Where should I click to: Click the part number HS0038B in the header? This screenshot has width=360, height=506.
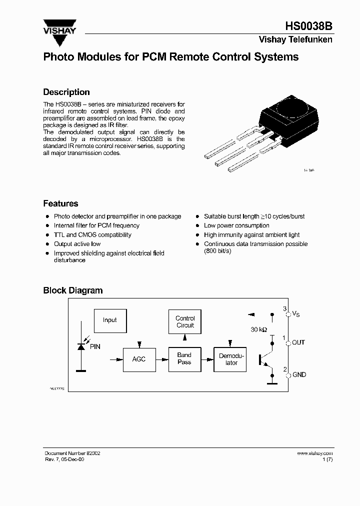[x=308, y=26]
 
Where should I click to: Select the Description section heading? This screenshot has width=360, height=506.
[x=66, y=92]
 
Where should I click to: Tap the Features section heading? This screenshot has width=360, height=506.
[x=60, y=203]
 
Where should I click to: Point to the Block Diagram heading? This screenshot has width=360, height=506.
[x=73, y=290]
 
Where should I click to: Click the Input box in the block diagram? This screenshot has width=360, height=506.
[x=109, y=320]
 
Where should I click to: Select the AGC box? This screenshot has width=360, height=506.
[x=138, y=359]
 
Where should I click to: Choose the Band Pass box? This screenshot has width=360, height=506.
[x=184, y=359]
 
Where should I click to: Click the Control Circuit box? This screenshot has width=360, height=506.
[x=185, y=321]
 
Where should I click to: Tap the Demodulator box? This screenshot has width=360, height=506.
[x=231, y=359]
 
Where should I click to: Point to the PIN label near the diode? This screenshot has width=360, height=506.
[x=95, y=346]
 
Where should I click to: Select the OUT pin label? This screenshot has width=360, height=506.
[x=298, y=342]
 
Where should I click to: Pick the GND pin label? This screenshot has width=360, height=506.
[x=299, y=374]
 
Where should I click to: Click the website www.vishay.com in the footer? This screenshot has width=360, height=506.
[x=314, y=453]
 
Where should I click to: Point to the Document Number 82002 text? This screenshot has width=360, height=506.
[x=72, y=453]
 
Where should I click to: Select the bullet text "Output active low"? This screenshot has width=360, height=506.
[x=77, y=244]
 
